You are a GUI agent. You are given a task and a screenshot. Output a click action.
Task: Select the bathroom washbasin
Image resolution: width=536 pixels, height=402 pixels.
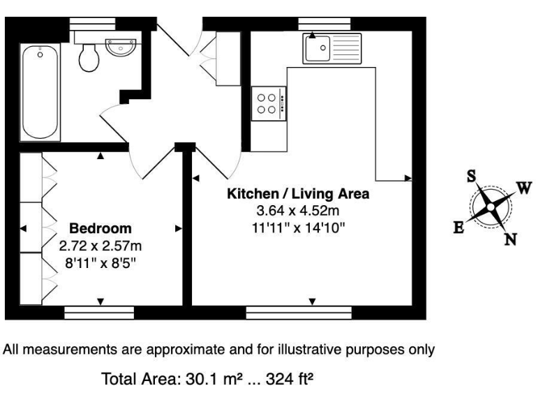(121, 47)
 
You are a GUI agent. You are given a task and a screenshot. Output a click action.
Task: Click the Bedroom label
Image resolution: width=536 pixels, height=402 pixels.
(100, 229)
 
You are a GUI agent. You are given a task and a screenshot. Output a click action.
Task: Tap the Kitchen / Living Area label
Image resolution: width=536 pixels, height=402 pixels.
(297, 193)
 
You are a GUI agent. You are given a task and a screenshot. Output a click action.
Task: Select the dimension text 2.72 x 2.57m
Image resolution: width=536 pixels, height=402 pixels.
(100, 245)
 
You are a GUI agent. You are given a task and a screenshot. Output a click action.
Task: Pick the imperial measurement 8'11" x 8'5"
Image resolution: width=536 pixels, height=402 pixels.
(100, 262)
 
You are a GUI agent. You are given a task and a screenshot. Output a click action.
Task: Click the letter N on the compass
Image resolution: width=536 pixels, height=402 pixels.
(510, 240)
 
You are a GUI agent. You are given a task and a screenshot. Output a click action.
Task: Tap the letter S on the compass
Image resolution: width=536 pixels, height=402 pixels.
(471, 177)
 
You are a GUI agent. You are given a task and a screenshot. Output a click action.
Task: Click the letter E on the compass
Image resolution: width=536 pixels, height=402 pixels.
(459, 228)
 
